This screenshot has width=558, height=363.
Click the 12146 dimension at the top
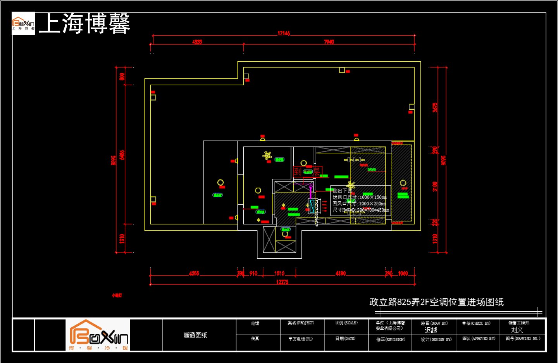pyautogui.click(x=284, y=33)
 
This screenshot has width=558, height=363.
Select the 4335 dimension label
pyautogui.click(x=197, y=42)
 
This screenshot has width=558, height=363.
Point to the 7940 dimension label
pyautogui.click(x=329, y=42)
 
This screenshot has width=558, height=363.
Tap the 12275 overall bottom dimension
pyautogui.click(x=282, y=282)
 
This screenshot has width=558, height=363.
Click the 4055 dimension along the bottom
pyautogui.click(x=194, y=273)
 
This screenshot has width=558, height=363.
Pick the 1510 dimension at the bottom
pyautogui.click(x=279, y=273)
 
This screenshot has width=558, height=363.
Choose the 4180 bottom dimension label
pyautogui.click(x=341, y=273)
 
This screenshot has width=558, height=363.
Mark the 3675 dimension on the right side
pyautogui.click(x=435, y=107)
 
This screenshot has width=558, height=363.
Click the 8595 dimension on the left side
pyautogui.click(x=114, y=160)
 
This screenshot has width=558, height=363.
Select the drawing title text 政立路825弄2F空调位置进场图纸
pyautogui.click(x=436, y=302)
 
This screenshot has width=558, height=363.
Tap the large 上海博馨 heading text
pyautogui.click(x=84, y=23)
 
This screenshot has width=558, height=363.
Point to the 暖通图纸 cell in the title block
pyautogui.click(x=196, y=335)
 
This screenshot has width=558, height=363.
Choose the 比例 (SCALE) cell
pyautogui.click(x=346, y=323)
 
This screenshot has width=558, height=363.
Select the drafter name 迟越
pyautogui.click(x=431, y=330)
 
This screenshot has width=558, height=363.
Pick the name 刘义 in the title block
pyautogui.click(x=517, y=330)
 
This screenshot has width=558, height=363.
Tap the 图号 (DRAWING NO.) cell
pyautogui.click(x=523, y=339)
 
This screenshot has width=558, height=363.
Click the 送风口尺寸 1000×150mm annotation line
pyautogui.click(x=360, y=197)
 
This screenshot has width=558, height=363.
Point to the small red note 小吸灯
pyautogui.click(x=117, y=296)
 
